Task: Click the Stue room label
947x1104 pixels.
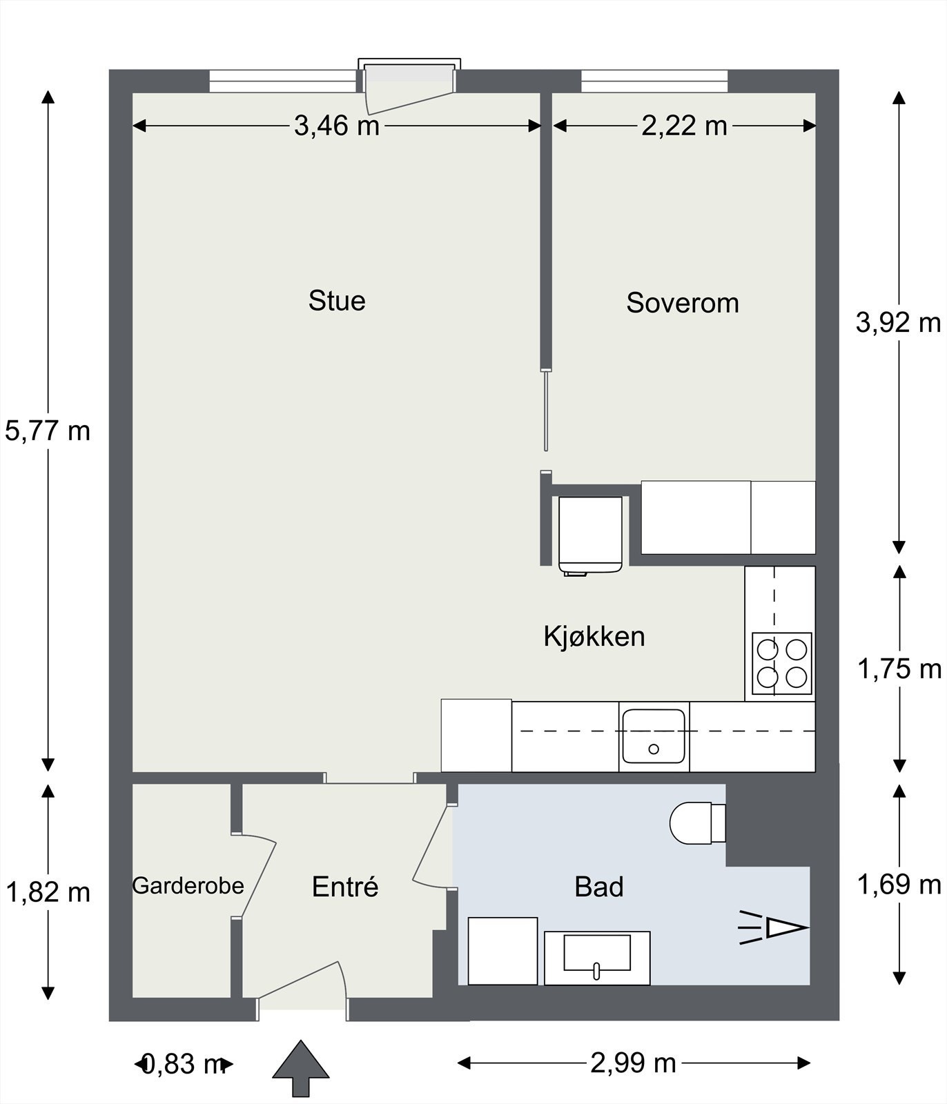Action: click(x=337, y=301)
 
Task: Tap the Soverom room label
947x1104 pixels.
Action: click(x=682, y=303)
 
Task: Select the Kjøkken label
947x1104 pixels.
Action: click(x=594, y=636)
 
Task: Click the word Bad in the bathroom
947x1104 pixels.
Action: click(x=598, y=887)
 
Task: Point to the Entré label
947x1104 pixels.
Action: click(x=345, y=887)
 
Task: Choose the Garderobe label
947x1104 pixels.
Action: click(x=188, y=886)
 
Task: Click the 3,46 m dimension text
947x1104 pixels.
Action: click(x=337, y=126)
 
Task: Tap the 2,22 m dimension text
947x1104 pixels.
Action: click(x=684, y=126)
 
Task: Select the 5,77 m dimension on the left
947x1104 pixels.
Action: click(x=48, y=431)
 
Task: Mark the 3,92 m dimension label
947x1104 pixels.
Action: click(x=898, y=322)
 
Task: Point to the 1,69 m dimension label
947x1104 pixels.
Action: click(x=899, y=884)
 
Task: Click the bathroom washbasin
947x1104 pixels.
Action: click(x=597, y=956)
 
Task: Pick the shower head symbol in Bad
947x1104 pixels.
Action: click(x=780, y=928)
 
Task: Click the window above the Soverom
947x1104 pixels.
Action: click(x=654, y=81)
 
